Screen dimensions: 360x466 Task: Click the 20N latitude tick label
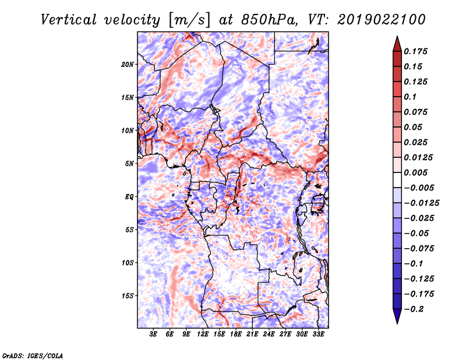[128, 64]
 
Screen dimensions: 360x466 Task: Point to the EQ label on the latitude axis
[129, 196]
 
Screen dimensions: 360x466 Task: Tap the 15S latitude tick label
[128, 295]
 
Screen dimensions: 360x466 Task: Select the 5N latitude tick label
[129, 164]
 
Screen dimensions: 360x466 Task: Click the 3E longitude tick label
[154, 334]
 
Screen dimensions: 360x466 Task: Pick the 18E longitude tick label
[236, 334]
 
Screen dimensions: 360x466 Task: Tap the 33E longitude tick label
[319, 334]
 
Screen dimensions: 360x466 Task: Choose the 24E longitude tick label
[269, 334]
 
